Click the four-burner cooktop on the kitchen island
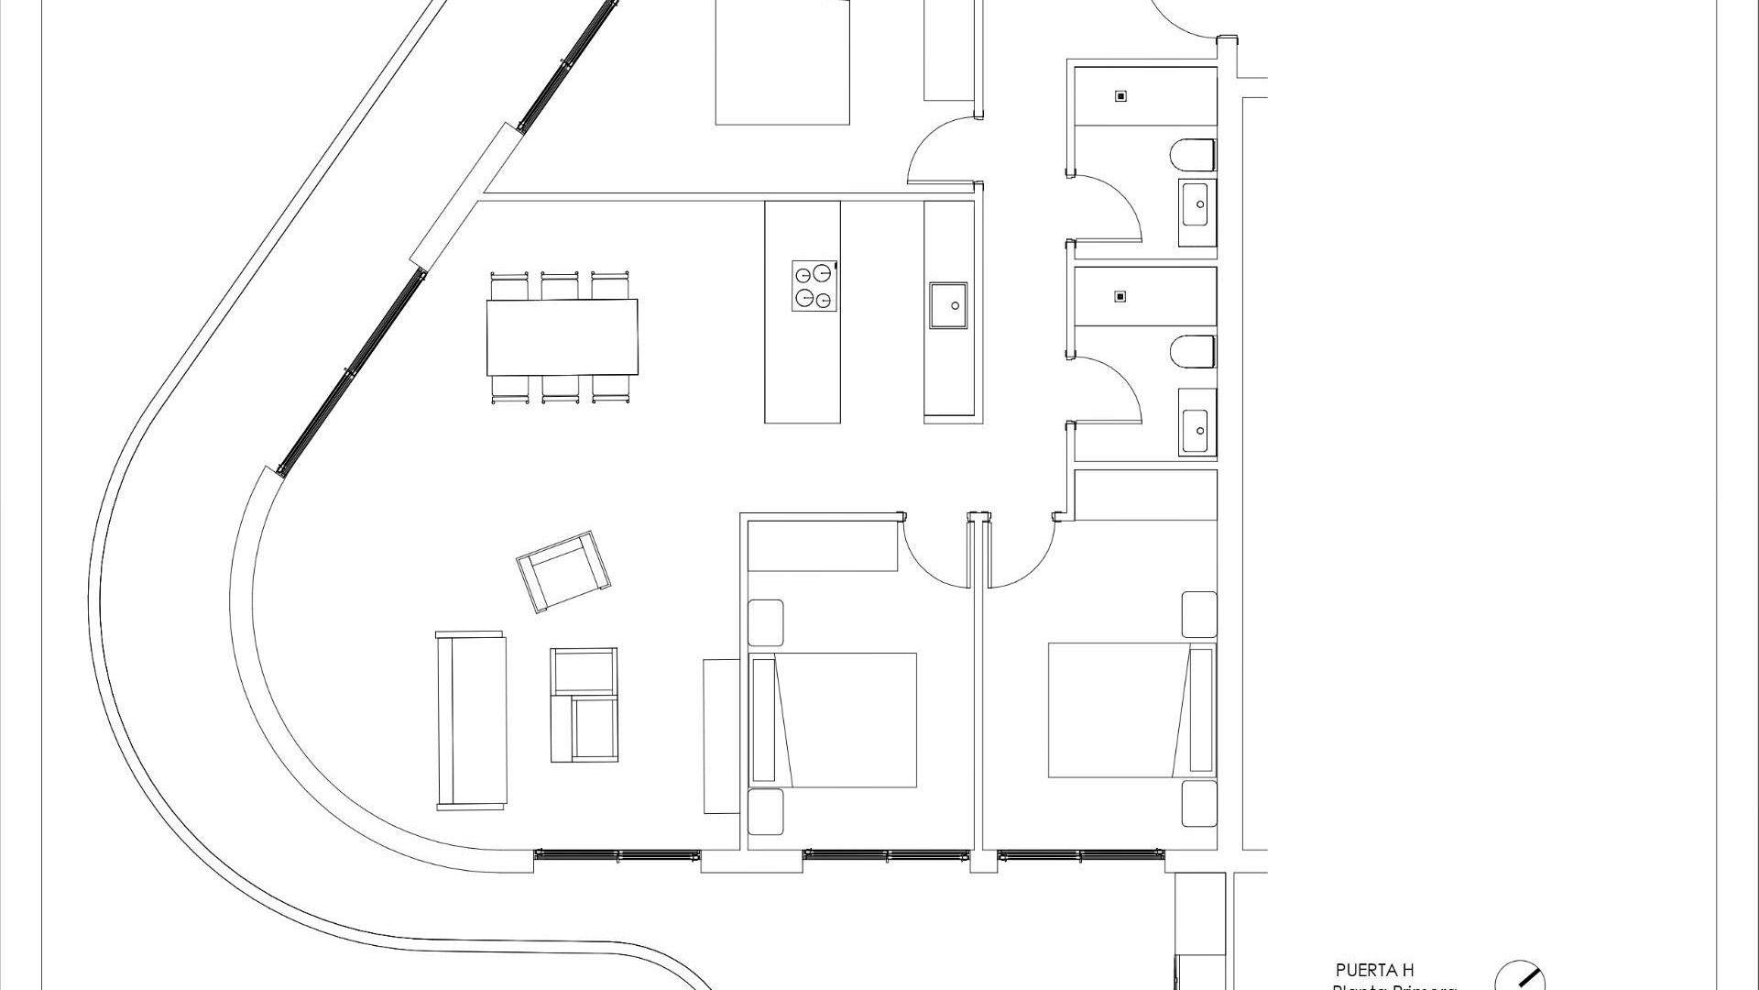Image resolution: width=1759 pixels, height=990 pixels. click(815, 285)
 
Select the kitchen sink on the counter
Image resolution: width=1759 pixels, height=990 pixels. click(947, 305)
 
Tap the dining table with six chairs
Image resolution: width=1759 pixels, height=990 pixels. click(562, 336)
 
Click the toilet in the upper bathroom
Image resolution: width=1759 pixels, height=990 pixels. click(1193, 155)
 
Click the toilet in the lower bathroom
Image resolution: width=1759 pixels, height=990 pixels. click(1193, 352)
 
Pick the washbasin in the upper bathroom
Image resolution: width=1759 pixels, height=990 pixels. click(1197, 203)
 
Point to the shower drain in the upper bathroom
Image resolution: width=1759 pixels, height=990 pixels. click(1120, 95)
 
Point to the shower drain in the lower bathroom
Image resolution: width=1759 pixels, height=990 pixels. click(1120, 296)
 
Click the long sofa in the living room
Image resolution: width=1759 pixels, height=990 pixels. click(471, 720)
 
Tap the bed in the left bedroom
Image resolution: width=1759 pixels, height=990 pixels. click(834, 720)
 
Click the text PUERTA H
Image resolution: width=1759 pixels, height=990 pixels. click(1374, 970)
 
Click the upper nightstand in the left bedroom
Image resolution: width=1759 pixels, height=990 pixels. click(766, 622)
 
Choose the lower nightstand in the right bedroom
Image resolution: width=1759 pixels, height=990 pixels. click(1198, 803)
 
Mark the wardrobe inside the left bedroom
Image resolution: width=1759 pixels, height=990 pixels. click(822, 546)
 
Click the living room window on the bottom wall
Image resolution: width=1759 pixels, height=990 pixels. click(617, 855)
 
